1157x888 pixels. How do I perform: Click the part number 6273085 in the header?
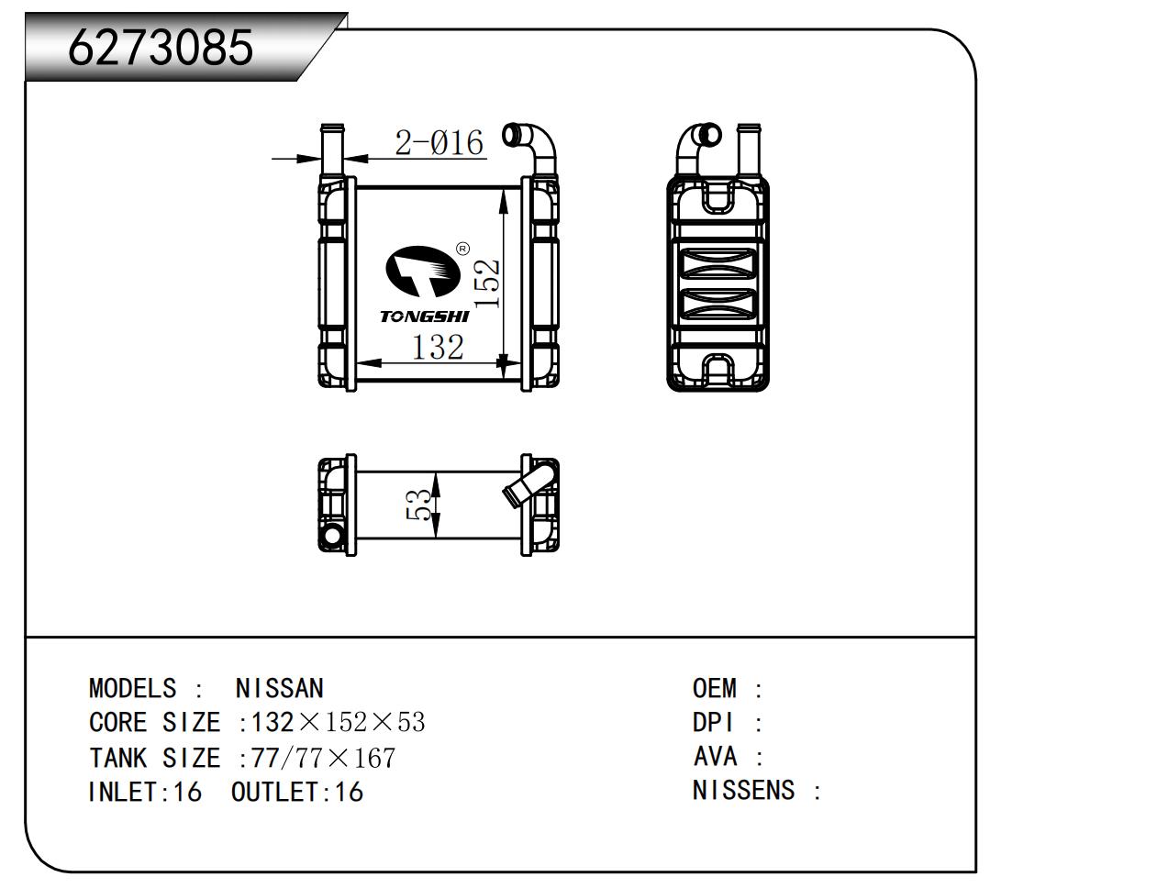(x=161, y=46)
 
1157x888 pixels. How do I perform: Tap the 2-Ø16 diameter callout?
(x=439, y=143)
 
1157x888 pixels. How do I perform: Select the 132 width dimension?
(x=437, y=348)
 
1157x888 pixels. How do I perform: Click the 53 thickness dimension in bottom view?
(x=419, y=505)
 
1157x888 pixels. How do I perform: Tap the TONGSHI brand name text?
(x=424, y=316)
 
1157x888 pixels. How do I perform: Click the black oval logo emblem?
(x=421, y=272)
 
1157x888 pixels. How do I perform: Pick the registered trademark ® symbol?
(x=462, y=248)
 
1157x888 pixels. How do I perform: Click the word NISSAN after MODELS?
(x=279, y=688)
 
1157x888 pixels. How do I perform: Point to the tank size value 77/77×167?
(x=323, y=758)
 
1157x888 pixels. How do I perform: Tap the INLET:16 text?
(x=144, y=792)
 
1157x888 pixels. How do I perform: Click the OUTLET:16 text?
(x=297, y=792)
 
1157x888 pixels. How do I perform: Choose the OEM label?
(x=715, y=688)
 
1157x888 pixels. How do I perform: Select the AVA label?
(x=715, y=757)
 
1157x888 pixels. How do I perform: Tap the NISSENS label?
(x=743, y=790)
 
